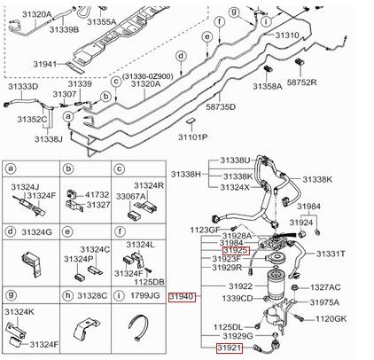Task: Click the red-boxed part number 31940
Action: point(183,297)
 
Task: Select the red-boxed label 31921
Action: point(230,348)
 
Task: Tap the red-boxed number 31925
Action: point(236,251)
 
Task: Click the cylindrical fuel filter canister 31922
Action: point(277,284)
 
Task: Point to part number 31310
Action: point(287,35)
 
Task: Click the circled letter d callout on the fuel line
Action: point(181,56)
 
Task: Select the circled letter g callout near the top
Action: point(235,12)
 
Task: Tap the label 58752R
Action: point(301,82)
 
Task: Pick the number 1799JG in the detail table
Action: point(145,295)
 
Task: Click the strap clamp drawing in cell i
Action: point(138,327)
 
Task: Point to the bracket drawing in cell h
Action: point(85,331)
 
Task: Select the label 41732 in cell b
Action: point(97,195)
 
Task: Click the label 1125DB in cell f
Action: point(149,282)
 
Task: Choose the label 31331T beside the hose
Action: point(331,254)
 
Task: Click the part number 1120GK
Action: point(331,319)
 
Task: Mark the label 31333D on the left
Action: point(23,87)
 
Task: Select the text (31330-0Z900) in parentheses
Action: point(147,76)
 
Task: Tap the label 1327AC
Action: point(325,287)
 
